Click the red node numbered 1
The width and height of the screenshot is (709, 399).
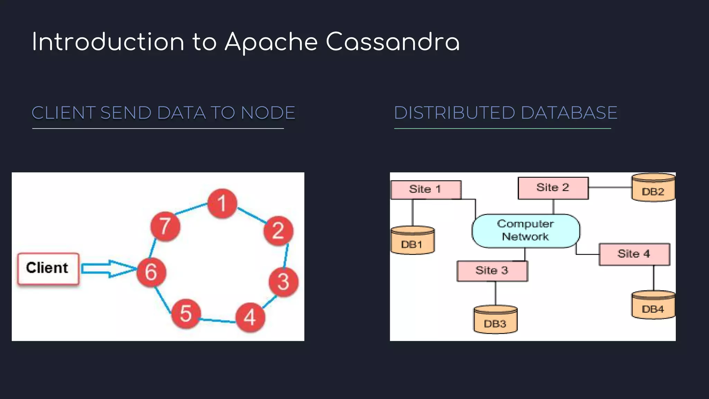coord(222,203)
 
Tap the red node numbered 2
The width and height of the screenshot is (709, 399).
coord(278,231)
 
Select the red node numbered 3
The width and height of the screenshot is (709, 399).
coord(284,282)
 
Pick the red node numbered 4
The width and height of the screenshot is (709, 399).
coord(250,317)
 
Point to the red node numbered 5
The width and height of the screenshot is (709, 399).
coord(186,313)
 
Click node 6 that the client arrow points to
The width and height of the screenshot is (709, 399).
coord(151,272)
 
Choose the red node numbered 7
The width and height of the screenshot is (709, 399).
coord(165,227)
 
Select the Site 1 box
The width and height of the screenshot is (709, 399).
coord(426,189)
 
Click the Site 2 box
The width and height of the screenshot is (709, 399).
coord(553,188)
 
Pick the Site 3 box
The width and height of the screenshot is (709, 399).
coord(492,271)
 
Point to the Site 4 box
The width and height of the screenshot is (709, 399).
coord(634,254)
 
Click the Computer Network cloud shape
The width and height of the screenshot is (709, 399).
coord(526,231)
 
